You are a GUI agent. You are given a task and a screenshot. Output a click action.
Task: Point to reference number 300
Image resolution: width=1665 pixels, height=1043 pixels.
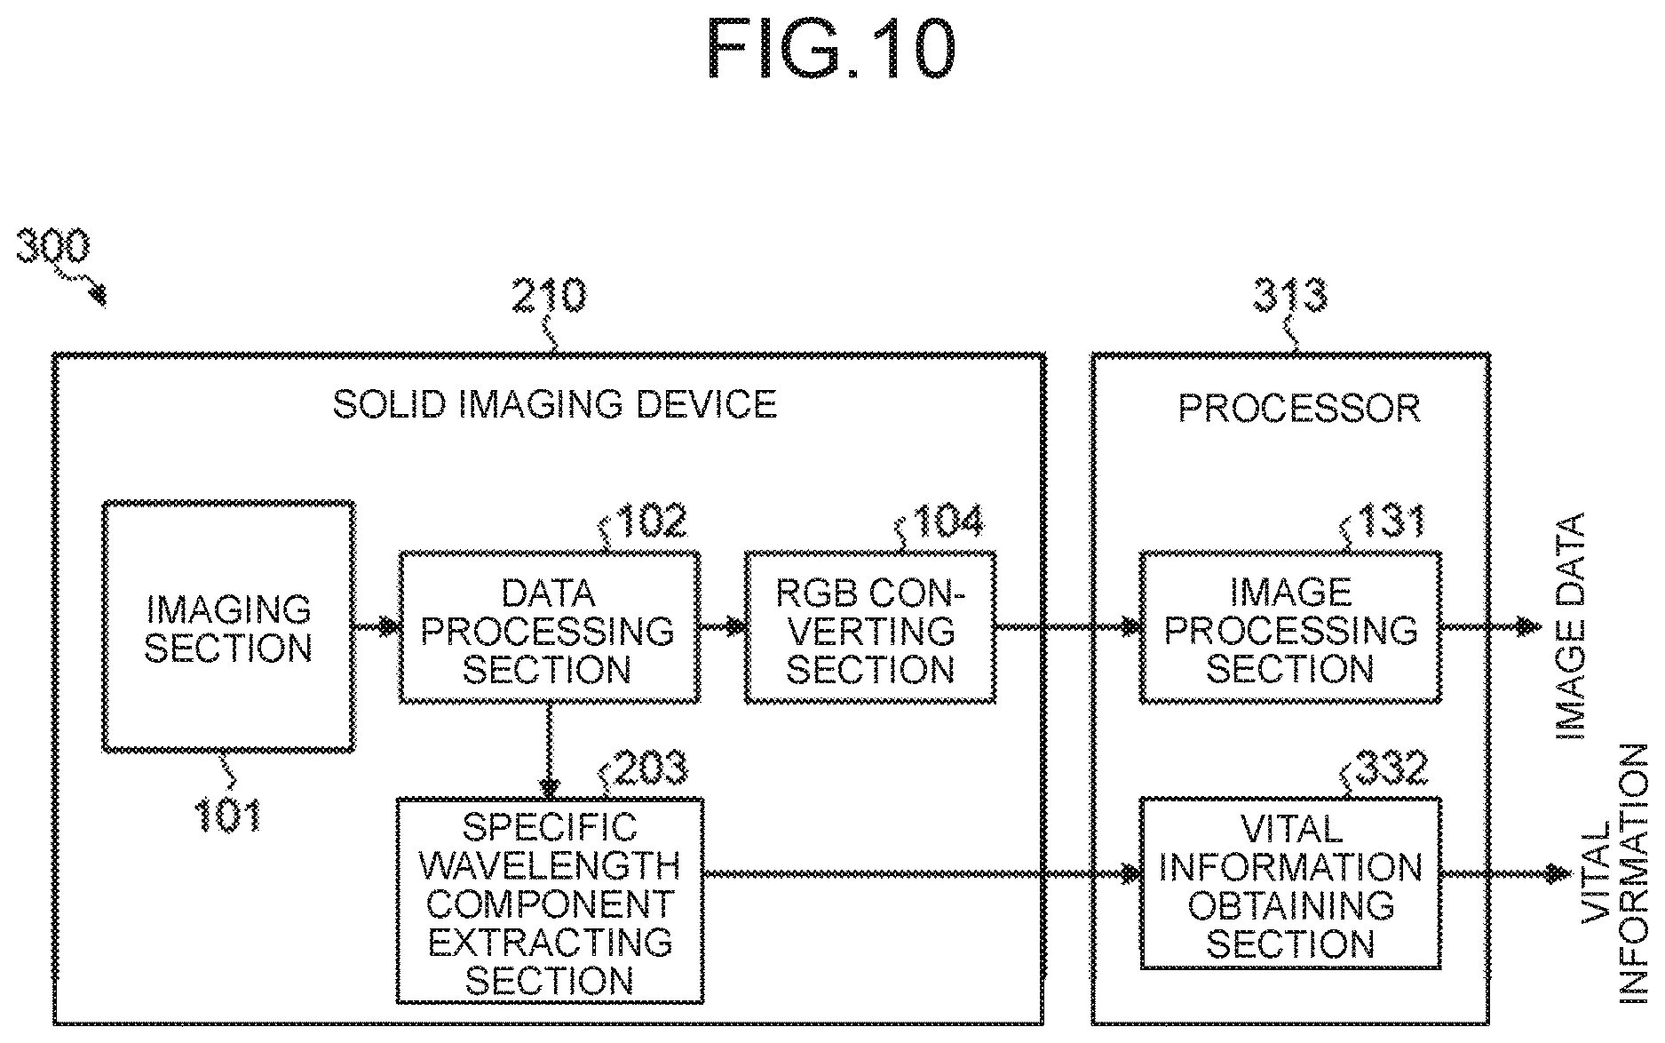[53, 246]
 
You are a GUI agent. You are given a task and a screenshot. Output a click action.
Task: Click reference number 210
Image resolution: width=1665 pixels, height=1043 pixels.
[549, 296]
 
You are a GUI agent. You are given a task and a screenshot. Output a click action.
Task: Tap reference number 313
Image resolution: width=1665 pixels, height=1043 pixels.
[1290, 296]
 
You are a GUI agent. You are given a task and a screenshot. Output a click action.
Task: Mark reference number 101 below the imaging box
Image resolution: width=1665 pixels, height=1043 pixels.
[228, 815]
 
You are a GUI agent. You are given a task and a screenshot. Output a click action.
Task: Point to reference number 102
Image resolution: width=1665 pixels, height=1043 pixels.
[651, 521]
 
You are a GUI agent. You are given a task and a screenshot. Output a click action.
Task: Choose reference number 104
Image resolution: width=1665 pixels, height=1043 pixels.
[948, 521]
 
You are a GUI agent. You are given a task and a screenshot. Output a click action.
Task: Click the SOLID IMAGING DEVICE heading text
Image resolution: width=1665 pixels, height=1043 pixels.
[555, 405]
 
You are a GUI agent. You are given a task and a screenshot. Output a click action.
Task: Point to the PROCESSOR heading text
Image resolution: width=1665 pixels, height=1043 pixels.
[1299, 409]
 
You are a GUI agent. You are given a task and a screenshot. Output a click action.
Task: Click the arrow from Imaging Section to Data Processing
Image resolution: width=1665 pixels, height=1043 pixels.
[377, 627]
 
